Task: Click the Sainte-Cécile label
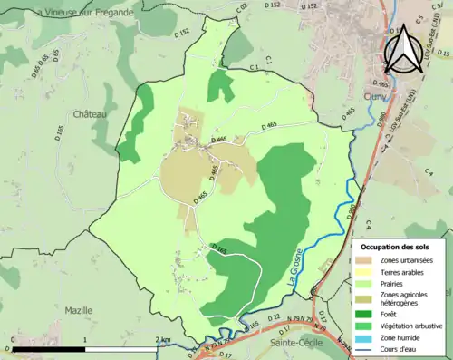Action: tap(293, 344)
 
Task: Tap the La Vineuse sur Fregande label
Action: tap(82, 13)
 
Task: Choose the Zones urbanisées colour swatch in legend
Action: tap(364, 260)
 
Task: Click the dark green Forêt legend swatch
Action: tap(364, 315)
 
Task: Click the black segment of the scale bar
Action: tap(48, 348)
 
